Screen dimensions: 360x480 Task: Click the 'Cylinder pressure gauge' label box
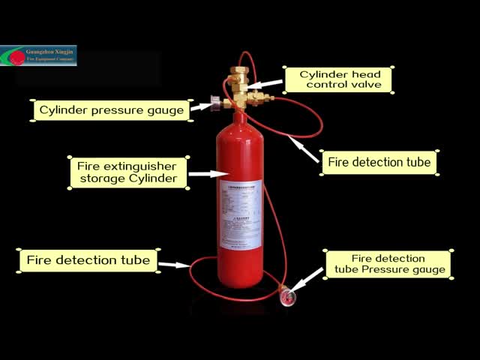(x=110, y=110)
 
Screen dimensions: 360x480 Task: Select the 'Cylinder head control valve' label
(x=337, y=79)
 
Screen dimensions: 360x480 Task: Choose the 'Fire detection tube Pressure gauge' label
(x=388, y=264)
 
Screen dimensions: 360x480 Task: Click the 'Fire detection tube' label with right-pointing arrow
(x=88, y=261)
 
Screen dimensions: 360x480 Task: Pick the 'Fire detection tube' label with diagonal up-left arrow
(x=379, y=162)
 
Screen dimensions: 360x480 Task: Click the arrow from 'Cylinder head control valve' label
(x=265, y=84)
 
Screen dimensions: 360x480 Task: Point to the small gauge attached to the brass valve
(x=215, y=103)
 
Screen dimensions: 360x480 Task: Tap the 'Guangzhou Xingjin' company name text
(x=49, y=50)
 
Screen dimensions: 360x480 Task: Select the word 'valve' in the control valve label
(x=365, y=85)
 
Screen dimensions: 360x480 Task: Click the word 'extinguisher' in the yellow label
(x=140, y=164)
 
